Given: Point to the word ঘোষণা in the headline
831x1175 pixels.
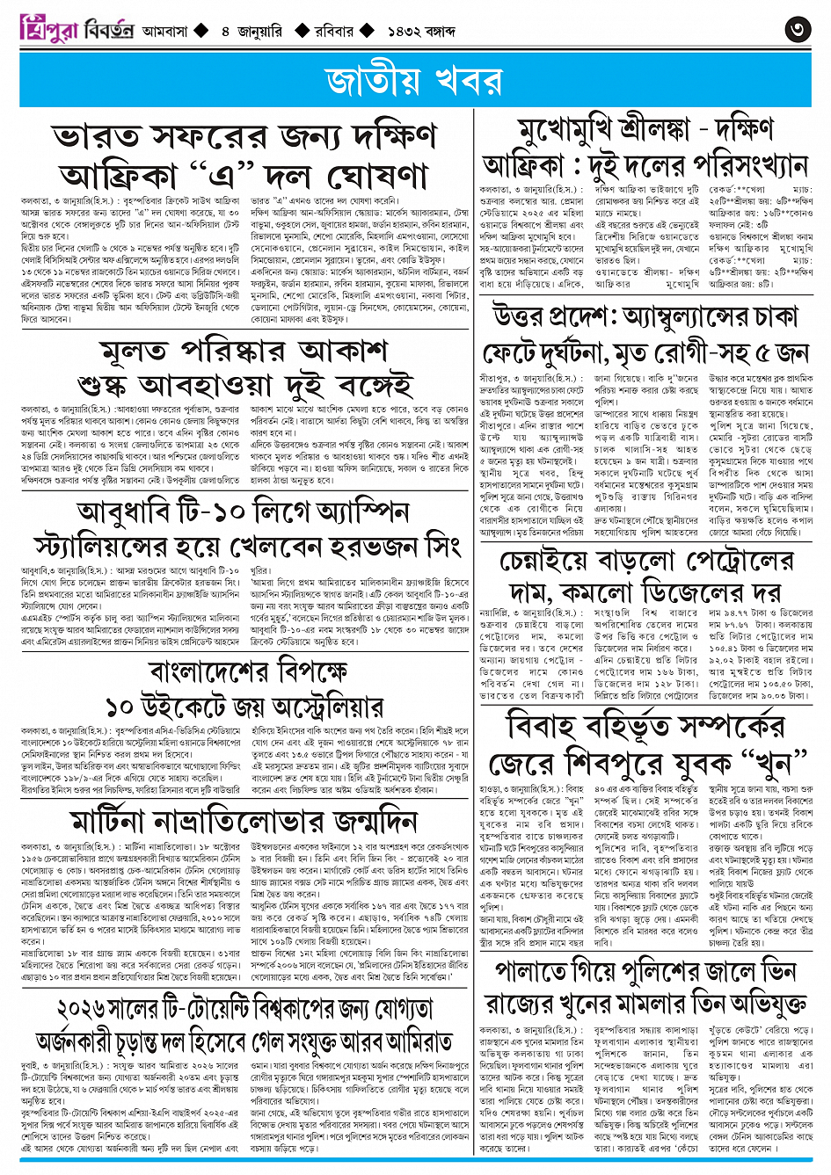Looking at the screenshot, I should (x=361, y=174).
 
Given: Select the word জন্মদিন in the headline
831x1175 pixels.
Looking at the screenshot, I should (x=365, y=821).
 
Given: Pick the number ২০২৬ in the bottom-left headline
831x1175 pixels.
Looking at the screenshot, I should (x=91, y=1007).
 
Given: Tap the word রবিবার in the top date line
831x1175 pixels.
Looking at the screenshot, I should (x=335, y=31).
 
